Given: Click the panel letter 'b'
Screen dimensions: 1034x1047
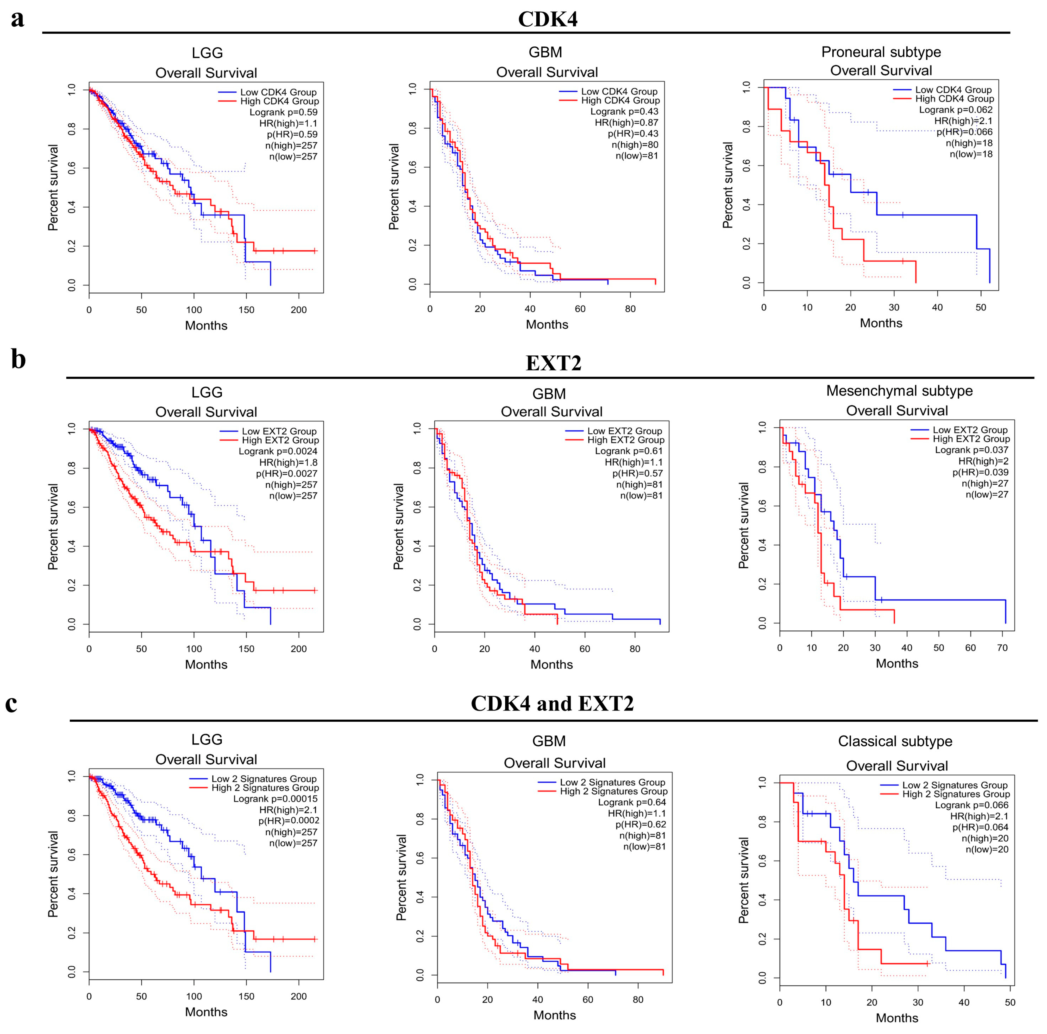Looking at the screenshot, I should coord(19,360).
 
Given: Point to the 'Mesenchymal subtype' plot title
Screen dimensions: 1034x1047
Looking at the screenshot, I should coord(899,391).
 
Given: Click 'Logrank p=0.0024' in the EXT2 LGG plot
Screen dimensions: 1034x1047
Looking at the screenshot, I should coord(278,451).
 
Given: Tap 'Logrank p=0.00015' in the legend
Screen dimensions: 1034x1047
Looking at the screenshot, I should coord(275,799).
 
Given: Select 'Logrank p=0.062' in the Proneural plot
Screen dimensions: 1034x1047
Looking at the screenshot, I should coord(955,109).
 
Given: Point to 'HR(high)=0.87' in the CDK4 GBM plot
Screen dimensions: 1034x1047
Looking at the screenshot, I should coord(627,122).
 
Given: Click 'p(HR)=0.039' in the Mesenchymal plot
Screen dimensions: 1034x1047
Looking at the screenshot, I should coord(980,472).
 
